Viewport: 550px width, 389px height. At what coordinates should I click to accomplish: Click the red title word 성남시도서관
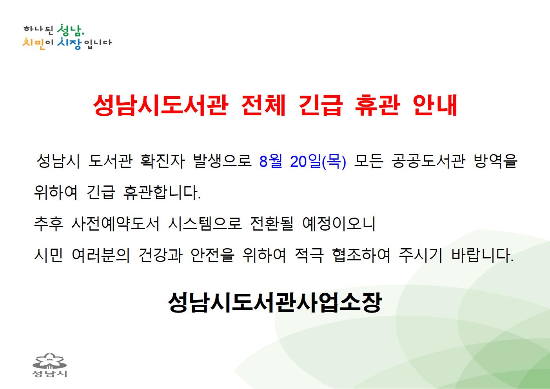(161, 105)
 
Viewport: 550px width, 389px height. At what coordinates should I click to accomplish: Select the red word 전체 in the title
(263, 105)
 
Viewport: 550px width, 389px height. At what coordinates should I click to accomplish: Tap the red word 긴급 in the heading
(320, 105)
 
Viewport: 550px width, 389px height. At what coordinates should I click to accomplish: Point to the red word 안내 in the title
(435, 105)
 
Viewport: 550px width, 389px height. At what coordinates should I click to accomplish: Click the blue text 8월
(270, 161)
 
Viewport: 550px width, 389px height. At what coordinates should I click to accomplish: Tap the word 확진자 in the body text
(162, 161)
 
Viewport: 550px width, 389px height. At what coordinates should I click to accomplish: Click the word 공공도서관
(428, 161)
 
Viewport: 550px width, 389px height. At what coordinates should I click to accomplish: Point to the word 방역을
(496, 161)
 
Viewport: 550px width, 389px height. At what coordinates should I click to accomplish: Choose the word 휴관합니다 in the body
(162, 192)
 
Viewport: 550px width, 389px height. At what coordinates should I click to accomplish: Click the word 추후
(49, 224)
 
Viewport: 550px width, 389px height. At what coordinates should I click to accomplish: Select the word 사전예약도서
(115, 224)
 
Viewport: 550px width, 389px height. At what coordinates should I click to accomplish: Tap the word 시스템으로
(205, 224)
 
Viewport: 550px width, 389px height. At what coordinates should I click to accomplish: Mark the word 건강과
(161, 255)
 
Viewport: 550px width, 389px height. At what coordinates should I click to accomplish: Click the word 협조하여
(361, 255)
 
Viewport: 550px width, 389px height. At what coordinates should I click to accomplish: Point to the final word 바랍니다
(483, 255)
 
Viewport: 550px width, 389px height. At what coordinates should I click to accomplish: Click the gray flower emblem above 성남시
(50, 361)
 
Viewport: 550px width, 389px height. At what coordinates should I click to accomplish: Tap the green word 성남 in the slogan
(70, 30)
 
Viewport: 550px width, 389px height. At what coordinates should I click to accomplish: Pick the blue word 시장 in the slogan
(69, 44)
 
